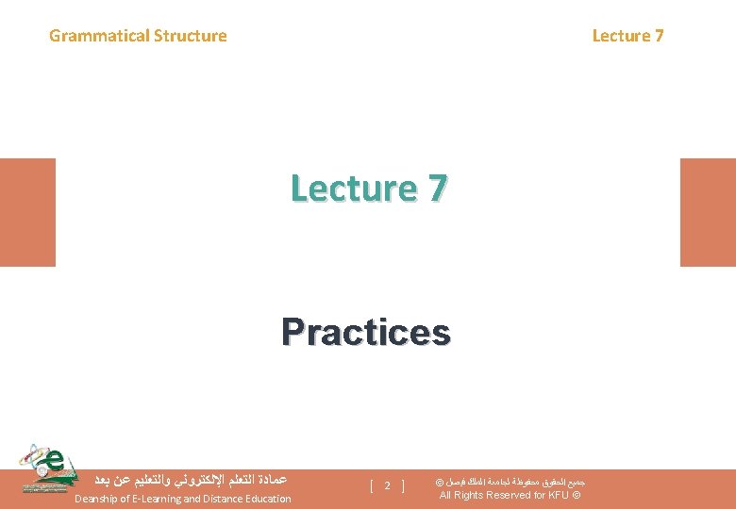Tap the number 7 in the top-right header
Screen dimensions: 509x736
659,37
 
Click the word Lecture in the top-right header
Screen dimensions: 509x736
621,37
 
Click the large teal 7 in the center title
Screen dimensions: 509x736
436,189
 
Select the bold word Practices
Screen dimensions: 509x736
366,332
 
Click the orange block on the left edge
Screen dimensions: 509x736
27,212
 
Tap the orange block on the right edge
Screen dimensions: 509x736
708,212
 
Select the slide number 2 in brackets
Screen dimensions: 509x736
388,486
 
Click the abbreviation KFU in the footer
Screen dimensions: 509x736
559,496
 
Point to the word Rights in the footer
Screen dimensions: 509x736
469,496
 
